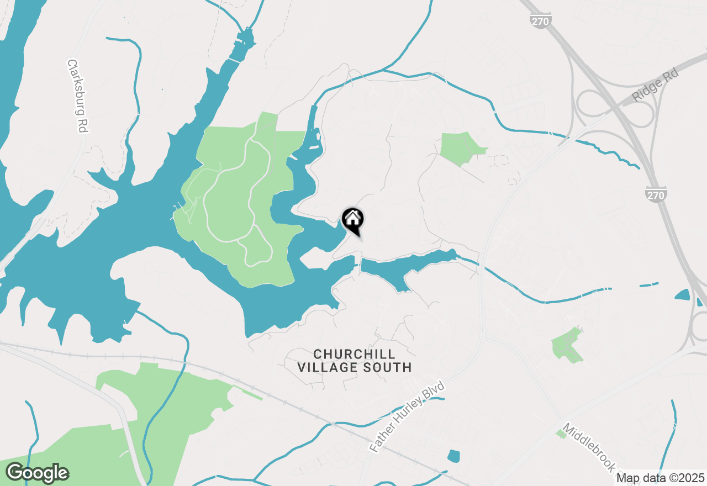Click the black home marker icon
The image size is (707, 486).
pos(352,219)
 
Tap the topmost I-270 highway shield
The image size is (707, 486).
pos(539,21)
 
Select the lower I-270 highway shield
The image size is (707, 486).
pos(656,194)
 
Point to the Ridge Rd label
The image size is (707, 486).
pos(655,84)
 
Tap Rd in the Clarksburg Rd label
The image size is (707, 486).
pos(82,125)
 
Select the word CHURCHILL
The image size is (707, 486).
pos(355,354)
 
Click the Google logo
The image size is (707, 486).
pos(37,473)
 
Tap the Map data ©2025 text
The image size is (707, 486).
pos(660,478)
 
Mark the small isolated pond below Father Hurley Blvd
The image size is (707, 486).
pos(453,456)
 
